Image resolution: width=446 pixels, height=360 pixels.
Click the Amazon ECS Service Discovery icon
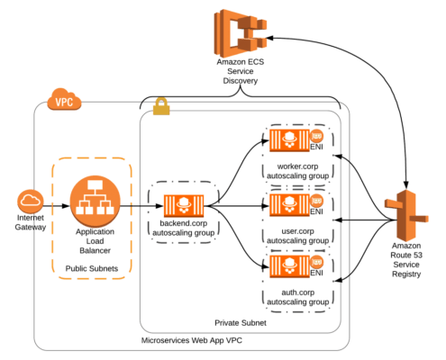(240, 33)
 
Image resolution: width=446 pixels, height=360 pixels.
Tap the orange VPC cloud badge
(64, 99)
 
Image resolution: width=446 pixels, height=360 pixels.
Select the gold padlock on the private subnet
(161, 106)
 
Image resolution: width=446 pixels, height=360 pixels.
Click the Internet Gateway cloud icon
(31, 201)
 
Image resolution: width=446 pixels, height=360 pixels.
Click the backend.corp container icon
(184, 205)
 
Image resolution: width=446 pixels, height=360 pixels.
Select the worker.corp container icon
(289, 140)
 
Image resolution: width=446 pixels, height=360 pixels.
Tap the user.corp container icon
(289, 205)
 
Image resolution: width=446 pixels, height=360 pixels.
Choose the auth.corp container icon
(289, 266)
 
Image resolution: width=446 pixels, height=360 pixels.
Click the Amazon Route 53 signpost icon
(406, 215)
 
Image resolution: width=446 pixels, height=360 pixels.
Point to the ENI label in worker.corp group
(316, 147)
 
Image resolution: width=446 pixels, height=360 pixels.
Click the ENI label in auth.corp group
(316, 273)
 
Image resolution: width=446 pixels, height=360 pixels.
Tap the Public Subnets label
(92, 268)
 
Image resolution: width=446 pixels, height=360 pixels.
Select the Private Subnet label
(241, 323)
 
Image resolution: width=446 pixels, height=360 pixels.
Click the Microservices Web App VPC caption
(192, 340)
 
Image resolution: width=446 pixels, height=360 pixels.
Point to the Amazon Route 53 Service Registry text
(406, 260)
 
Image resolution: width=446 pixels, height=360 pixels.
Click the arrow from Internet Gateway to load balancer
(57, 206)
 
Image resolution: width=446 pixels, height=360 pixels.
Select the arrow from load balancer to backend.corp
(141, 206)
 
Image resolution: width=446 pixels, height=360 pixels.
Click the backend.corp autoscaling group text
(184, 228)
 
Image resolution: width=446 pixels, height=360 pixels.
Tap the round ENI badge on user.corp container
(316, 201)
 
